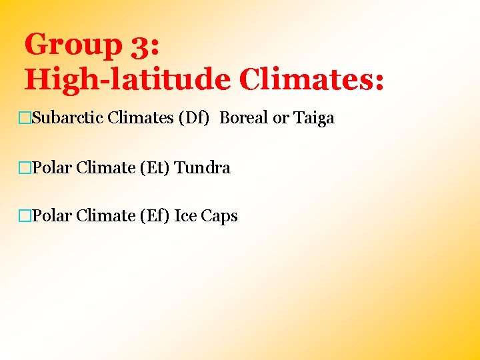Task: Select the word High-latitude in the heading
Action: pyautogui.click(x=127, y=80)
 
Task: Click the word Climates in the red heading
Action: pyautogui.click(x=311, y=80)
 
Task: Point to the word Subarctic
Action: pyautogui.click(x=67, y=119)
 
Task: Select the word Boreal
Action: pyautogui.click(x=244, y=119)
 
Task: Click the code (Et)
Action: pyautogui.click(x=155, y=168)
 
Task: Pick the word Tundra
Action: pyautogui.click(x=202, y=168)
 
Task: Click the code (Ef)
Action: pyautogui.click(x=155, y=216)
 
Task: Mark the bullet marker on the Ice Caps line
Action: pyautogui.click(x=25, y=217)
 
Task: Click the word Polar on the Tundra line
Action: pyautogui.click(x=51, y=168)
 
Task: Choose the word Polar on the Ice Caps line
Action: pyautogui.click(x=51, y=216)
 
